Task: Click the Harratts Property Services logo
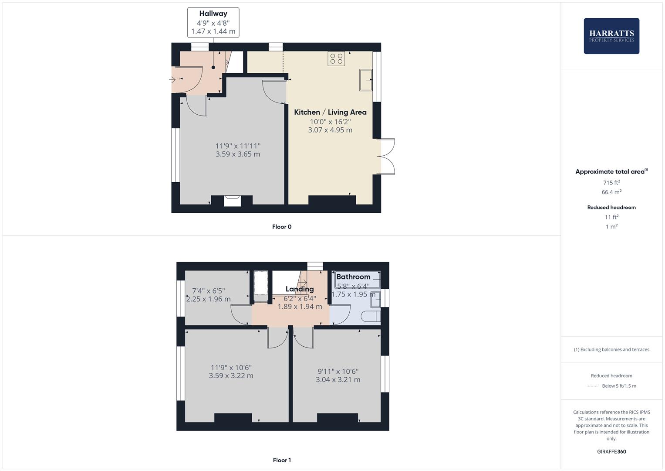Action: [611, 36]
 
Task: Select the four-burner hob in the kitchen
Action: [336, 58]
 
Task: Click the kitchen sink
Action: [366, 80]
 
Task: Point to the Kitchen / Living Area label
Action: [330, 112]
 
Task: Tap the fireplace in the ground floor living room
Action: [232, 201]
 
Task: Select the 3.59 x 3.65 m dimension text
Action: [238, 154]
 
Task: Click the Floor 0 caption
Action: [282, 227]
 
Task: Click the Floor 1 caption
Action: [282, 460]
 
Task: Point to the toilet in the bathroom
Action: [371, 316]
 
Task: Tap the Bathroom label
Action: [353, 276]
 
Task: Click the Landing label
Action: [300, 289]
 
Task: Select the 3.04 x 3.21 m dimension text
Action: [338, 379]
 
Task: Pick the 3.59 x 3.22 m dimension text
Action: [231, 375]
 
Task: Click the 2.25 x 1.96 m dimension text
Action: [208, 299]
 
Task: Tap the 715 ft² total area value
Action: [611, 182]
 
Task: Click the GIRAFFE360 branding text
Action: [611, 451]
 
